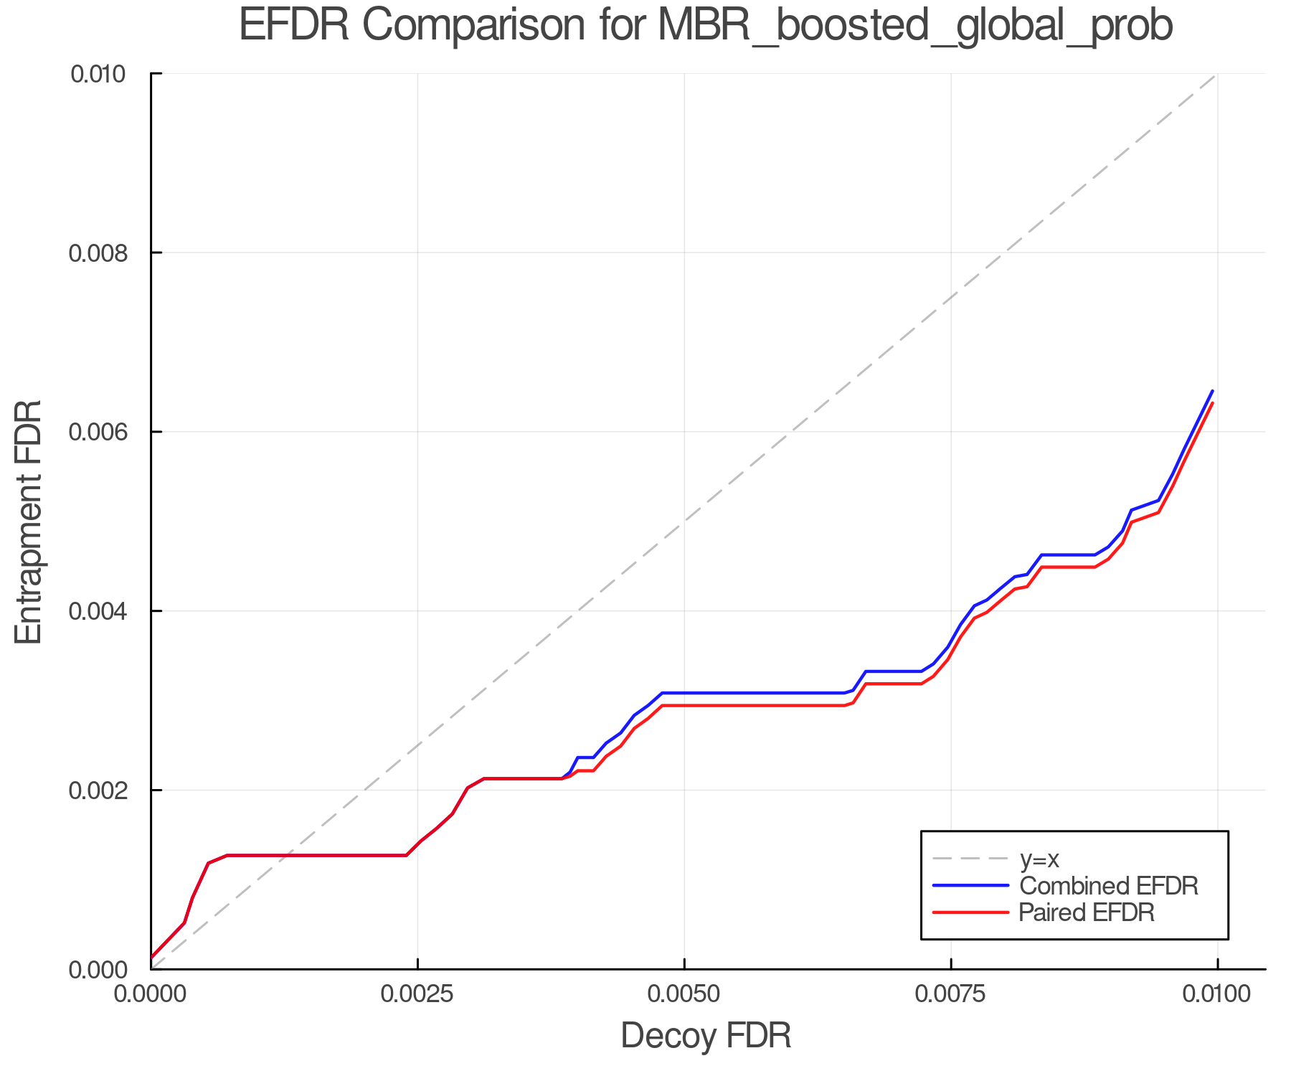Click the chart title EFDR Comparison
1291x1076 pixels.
(x=706, y=26)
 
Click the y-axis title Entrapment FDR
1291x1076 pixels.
(x=29, y=522)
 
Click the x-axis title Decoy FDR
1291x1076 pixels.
(x=706, y=1036)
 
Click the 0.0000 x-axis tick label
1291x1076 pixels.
(x=151, y=995)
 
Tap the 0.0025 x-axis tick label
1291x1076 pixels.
(x=417, y=995)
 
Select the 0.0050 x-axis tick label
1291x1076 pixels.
(x=684, y=995)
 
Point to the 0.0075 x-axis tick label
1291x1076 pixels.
(x=951, y=995)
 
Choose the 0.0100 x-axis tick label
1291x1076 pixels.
(x=1217, y=995)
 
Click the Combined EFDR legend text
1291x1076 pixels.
(x=1109, y=886)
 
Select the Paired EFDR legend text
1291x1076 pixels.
(x=1087, y=912)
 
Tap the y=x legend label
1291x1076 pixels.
(x=1039, y=859)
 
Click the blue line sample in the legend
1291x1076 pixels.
(x=970, y=886)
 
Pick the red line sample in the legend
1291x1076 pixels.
(x=970, y=912)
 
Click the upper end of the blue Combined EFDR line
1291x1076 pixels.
(x=1212, y=391)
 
